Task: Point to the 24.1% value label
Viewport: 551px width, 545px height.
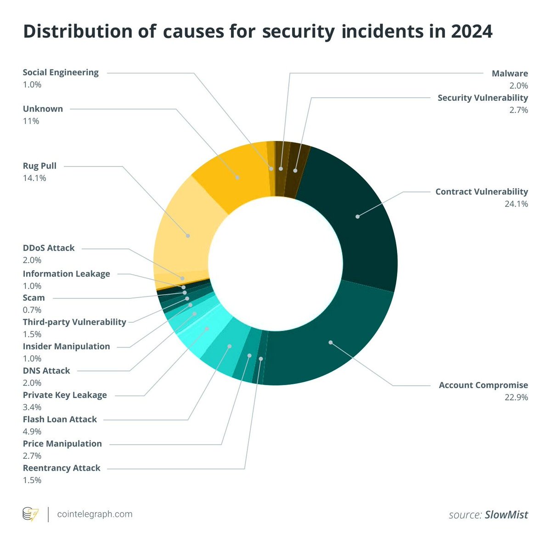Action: [x=516, y=204]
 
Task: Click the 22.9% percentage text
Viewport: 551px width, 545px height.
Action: [x=516, y=397]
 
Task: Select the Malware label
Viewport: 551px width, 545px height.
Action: [x=510, y=73]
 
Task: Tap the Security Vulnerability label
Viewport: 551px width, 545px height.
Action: [x=483, y=98]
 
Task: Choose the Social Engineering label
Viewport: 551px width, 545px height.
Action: [x=61, y=73]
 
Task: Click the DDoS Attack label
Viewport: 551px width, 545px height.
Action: [x=49, y=248]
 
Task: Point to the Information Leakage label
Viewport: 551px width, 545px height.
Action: [x=67, y=274]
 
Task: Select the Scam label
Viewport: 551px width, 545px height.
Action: [x=34, y=298]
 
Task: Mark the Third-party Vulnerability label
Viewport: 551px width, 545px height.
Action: [x=74, y=322]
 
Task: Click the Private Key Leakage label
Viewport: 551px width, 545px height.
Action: [x=65, y=395]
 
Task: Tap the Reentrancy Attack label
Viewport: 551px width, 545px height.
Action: [x=62, y=468]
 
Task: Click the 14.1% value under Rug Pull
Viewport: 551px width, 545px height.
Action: [x=34, y=178]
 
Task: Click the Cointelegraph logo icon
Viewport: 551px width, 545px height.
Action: [x=31, y=514]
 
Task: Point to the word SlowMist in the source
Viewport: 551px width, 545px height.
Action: [x=506, y=515]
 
